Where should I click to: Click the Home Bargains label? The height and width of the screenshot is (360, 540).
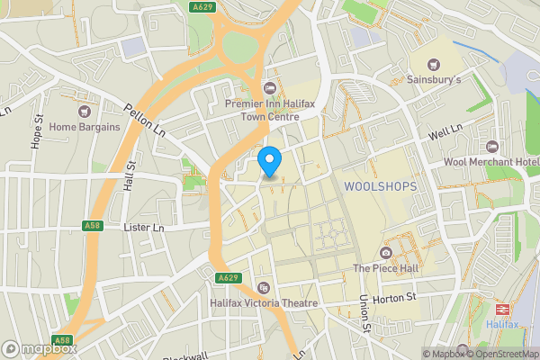tap(85, 127)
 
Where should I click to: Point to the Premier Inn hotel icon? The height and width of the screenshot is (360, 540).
tap(269, 87)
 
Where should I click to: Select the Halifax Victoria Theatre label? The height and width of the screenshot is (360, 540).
tap(264, 303)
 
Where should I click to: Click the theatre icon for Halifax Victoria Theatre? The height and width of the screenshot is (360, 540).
tap(264, 288)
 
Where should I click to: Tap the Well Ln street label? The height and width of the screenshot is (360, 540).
tap(445, 134)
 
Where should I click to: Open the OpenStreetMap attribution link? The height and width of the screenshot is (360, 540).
tap(501, 354)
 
